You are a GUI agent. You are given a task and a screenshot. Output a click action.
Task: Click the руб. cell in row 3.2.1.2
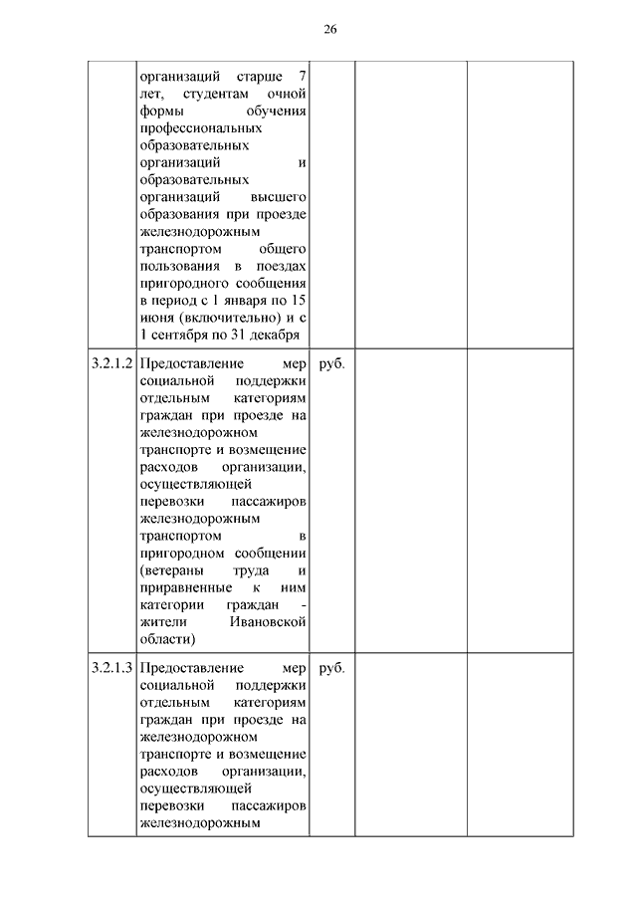331,364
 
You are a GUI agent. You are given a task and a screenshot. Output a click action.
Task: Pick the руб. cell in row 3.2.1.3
331,668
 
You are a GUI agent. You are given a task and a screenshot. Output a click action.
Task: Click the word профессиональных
201,128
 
